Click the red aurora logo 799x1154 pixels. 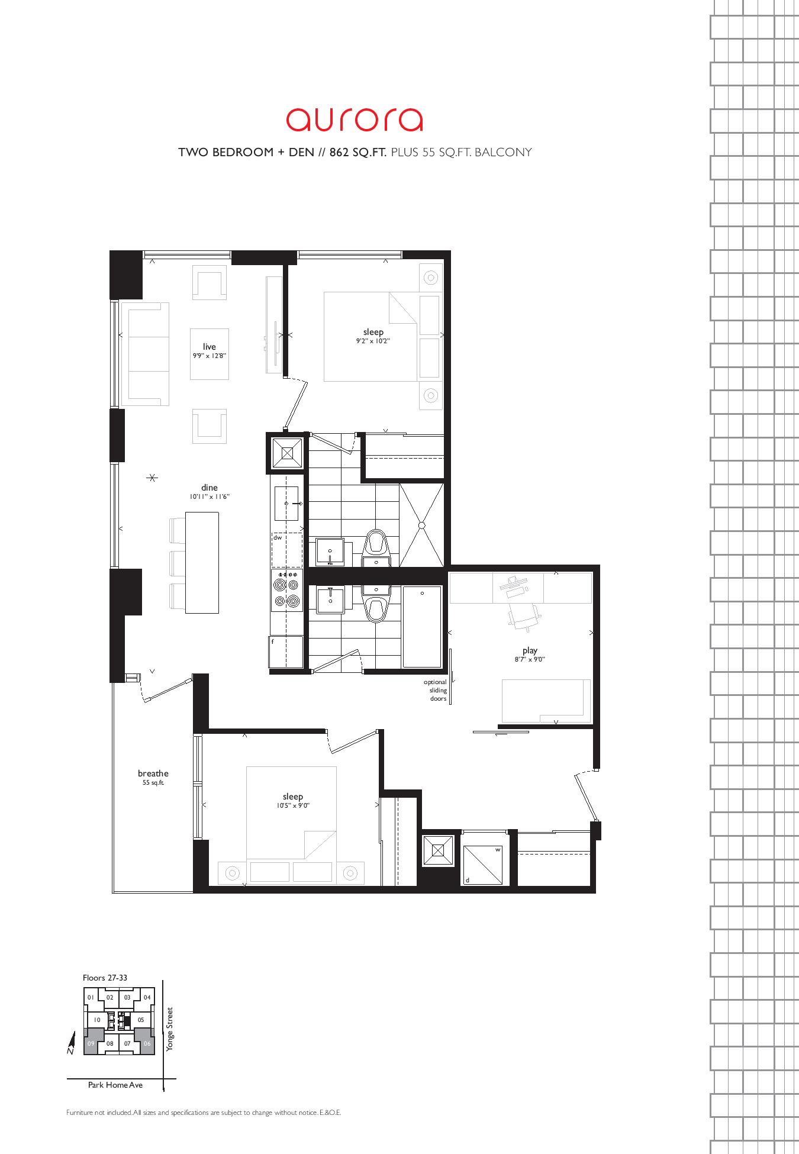coord(355,119)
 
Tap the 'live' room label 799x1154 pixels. coord(209,347)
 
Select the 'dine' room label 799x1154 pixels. coord(209,488)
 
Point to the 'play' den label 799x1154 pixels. coord(530,651)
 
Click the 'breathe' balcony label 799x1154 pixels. coord(153,773)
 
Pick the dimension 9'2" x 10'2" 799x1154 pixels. coord(373,341)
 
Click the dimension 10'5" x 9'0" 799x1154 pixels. coord(293,806)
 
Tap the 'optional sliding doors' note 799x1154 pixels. coord(435,691)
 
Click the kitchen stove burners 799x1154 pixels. coord(286,589)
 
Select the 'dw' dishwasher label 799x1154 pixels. coord(278,538)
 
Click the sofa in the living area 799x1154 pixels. coord(145,354)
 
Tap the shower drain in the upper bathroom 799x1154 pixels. coord(421,525)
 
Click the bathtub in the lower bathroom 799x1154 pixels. coord(422,627)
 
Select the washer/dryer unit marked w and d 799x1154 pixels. coord(485,865)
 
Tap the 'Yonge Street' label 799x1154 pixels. coord(170,1029)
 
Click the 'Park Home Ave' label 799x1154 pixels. coord(115,1085)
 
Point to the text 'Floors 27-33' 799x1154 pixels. coord(105,978)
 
